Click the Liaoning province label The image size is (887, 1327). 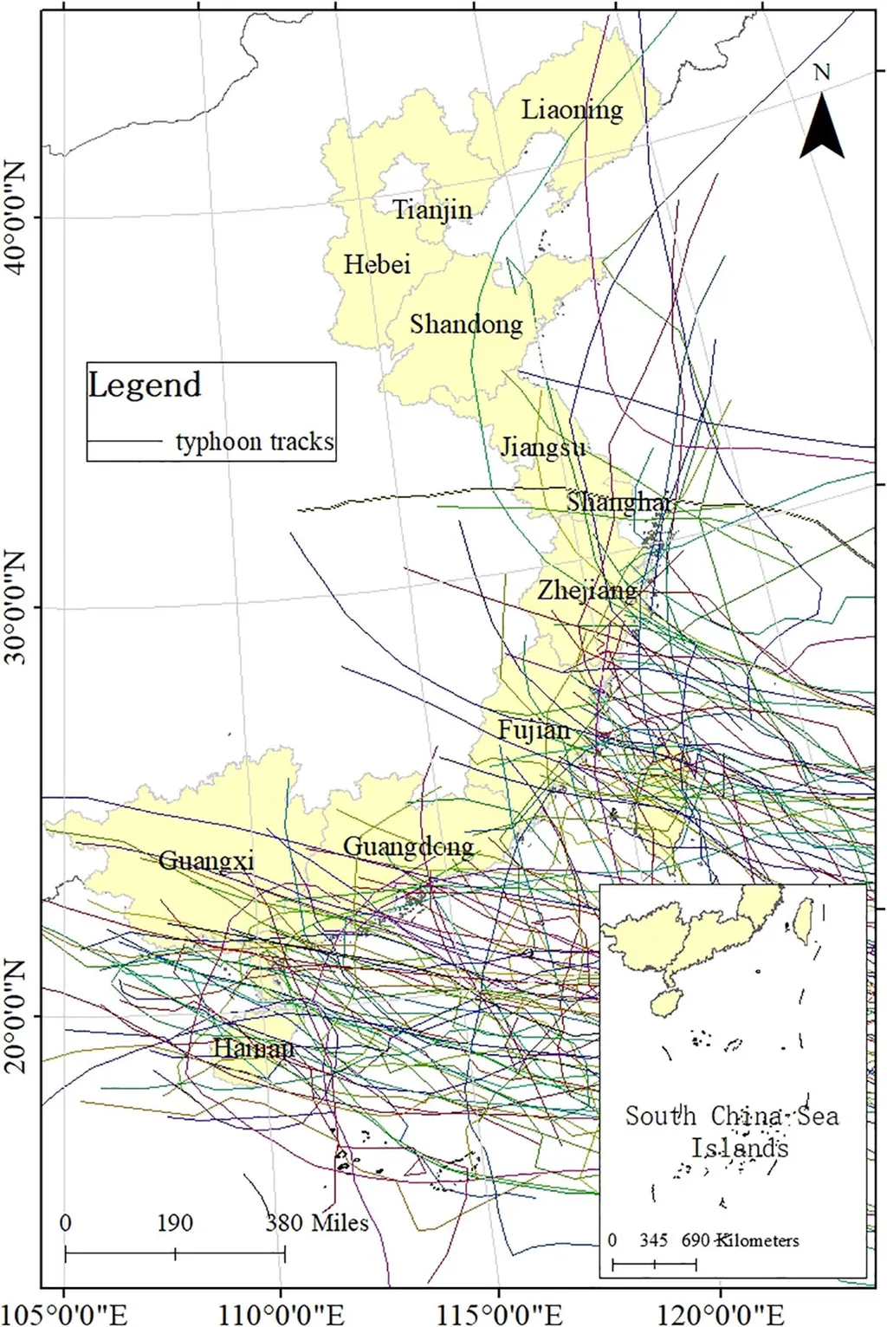tap(572, 110)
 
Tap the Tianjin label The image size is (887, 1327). tap(433, 210)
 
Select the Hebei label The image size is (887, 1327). tap(377, 264)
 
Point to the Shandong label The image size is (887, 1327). tap(466, 325)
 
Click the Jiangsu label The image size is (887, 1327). tap(543, 447)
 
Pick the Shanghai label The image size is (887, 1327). tap(619, 502)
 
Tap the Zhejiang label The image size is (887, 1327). tap(587, 591)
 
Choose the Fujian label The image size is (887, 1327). tap(534, 730)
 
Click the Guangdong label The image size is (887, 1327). tap(408, 846)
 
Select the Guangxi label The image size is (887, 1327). tap(206, 861)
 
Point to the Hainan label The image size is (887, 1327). tap(253, 1048)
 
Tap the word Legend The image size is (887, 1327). tap(145, 385)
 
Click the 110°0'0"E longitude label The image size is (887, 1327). tap(282, 1315)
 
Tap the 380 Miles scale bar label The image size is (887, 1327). tap(317, 1223)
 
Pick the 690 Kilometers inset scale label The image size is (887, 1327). tap(741, 1240)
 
